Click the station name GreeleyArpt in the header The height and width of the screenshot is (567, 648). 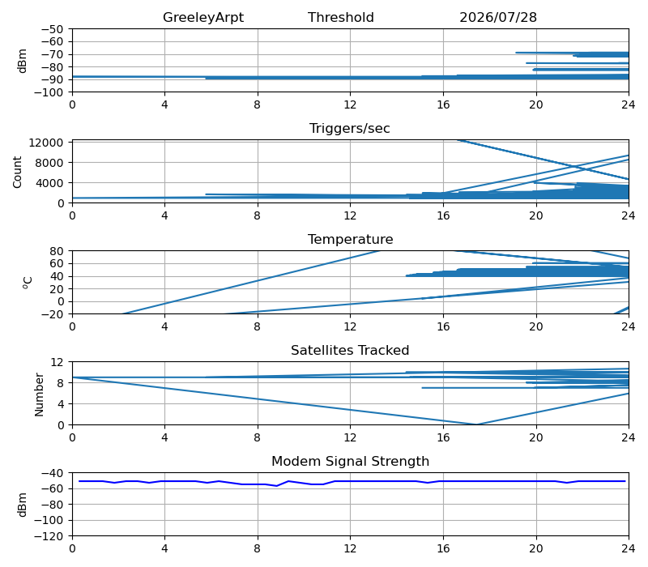[203, 18]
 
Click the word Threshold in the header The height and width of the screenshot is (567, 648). [340, 17]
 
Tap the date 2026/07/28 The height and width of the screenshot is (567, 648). [498, 17]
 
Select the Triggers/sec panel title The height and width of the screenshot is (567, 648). [350, 129]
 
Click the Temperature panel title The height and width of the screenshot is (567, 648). [350, 239]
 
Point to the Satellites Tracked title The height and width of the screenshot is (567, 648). [350, 351]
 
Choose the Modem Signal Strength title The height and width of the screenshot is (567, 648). [350, 461]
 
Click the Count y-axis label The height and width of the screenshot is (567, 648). [17, 172]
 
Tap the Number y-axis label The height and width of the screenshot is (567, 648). [39, 394]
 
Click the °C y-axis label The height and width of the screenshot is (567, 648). [28, 283]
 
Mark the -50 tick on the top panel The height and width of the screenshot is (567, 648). [52, 29]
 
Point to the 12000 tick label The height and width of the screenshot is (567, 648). [46, 143]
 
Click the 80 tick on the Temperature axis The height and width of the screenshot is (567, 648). [58, 251]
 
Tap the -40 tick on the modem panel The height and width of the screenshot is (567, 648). [52, 473]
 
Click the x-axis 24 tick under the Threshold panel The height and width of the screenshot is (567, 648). [629, 105]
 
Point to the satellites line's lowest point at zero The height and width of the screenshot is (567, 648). [477, 424]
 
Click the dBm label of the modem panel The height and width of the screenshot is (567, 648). [23, 505]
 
